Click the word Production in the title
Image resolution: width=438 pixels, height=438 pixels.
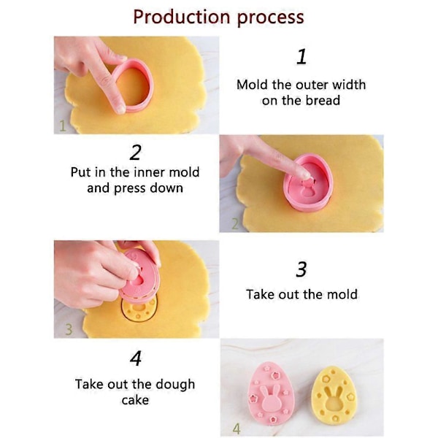pos(182,17)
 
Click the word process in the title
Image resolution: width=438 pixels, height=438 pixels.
pos(270,18)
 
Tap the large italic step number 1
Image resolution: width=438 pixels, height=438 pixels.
pos(301,57)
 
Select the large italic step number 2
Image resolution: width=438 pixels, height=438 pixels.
pos(136,153)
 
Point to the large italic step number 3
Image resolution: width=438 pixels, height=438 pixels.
pos(301,269)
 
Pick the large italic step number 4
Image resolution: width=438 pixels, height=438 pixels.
pos(136,358)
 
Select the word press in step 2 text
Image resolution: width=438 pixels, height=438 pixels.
pos(130,188)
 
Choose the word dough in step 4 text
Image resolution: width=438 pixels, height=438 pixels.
pos(175,385)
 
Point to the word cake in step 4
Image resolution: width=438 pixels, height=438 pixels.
pos(135,400)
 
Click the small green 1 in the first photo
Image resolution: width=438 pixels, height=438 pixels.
pos(63,126)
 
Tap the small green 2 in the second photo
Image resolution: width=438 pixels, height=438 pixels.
pos(235,224)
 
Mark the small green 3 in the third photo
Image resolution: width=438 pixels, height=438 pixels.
pos(69,329)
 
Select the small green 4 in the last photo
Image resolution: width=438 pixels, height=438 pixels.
pos(237,429)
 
